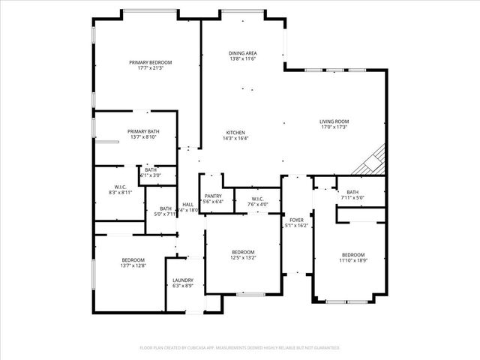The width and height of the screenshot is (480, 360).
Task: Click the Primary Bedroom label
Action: pos(150,62)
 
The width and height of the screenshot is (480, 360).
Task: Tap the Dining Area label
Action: pos(243,52)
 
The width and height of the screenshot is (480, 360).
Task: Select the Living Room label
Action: pos(334,121)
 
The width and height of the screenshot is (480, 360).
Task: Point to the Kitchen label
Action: pos(235,132)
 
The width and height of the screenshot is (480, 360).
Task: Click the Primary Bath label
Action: pos(142,130)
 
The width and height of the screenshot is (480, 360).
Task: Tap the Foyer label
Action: pos(296,219)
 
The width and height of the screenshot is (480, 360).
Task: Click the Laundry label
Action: pos(183,279)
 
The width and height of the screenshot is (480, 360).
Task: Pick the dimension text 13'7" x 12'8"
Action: pos(133,265)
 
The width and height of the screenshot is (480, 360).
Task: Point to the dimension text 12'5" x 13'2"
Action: pos(243,258)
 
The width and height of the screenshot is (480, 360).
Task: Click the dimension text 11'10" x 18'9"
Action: pos(352,259)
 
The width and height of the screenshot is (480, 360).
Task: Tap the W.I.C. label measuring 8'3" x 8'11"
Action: pos(120,187)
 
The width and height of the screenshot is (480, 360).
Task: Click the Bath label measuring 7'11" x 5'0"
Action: pos(352,193)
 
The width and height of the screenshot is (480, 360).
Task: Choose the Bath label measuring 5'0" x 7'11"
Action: pos(166,208)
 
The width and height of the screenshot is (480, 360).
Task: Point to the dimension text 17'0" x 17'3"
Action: pos(334,127)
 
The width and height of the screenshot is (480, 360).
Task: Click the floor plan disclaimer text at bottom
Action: pos(240,347)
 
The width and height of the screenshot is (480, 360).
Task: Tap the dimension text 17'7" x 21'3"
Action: pos(150,68)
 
